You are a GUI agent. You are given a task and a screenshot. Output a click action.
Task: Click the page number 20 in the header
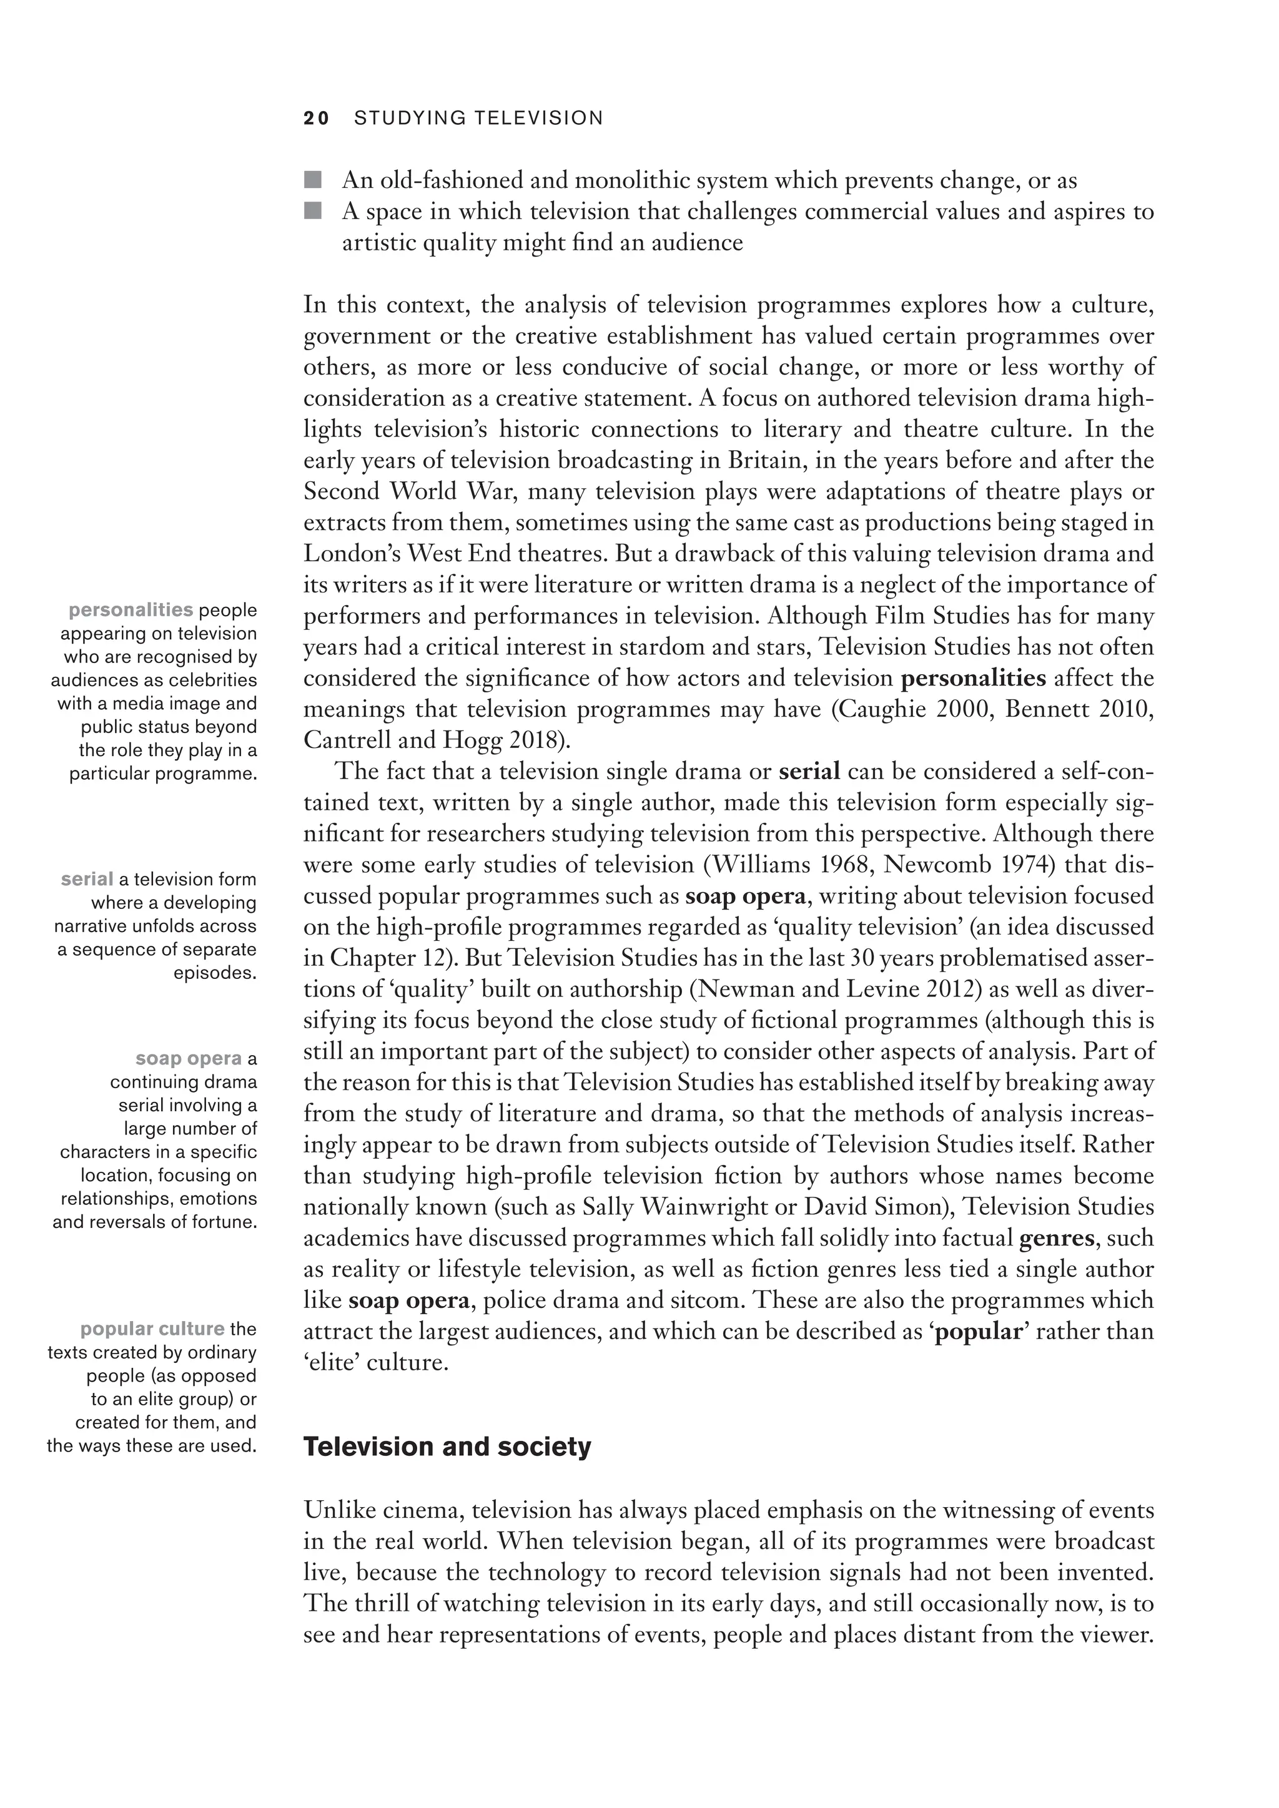pos(317,118)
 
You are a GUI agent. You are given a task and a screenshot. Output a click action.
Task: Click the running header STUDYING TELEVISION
pos(478,118)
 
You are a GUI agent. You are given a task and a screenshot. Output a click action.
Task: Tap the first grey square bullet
pos(313,180)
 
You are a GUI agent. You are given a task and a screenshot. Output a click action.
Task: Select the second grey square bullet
pos(313,210)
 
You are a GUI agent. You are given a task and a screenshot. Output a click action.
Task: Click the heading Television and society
pos(447,1447)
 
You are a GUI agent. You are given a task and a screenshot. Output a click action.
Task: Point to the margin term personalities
pos(131,611)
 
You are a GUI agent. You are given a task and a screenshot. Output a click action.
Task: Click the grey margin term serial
pos(87,879)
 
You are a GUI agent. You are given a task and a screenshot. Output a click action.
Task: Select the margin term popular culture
pos(152,1329)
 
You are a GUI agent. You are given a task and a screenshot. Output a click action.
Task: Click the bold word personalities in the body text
pos(974,678)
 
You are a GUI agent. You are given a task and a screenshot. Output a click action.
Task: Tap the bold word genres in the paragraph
pos(1056,1238)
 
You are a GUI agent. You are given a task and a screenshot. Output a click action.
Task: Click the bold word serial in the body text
pos(809,771)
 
